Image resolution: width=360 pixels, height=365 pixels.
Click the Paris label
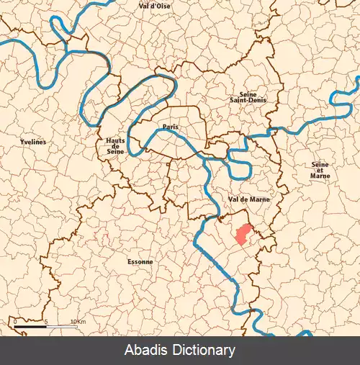click(x=171, y=127)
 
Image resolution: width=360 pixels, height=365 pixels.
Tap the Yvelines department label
click(x=33, y=143)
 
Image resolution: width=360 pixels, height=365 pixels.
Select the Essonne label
click(x=140, y=261)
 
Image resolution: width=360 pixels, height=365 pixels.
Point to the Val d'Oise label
click(x=154, y=6)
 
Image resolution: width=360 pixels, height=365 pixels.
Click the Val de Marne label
click(x=243, y=199)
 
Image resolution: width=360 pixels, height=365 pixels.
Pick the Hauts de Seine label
click(x=114, y=148)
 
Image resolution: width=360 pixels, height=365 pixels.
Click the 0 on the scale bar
click(x=15, y=321)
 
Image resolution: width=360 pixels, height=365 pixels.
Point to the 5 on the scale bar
click(x=45, y=321)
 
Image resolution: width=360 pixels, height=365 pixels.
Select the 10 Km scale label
click(x=78, y=321)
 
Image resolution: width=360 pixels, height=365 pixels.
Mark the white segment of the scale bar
click(x=60, y=329)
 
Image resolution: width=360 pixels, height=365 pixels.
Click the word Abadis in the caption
click(x=146, y=351)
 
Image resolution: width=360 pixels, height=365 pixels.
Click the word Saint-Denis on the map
click(x=248, y=100)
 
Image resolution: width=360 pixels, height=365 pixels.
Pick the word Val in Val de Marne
click(x=231, y=199)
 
